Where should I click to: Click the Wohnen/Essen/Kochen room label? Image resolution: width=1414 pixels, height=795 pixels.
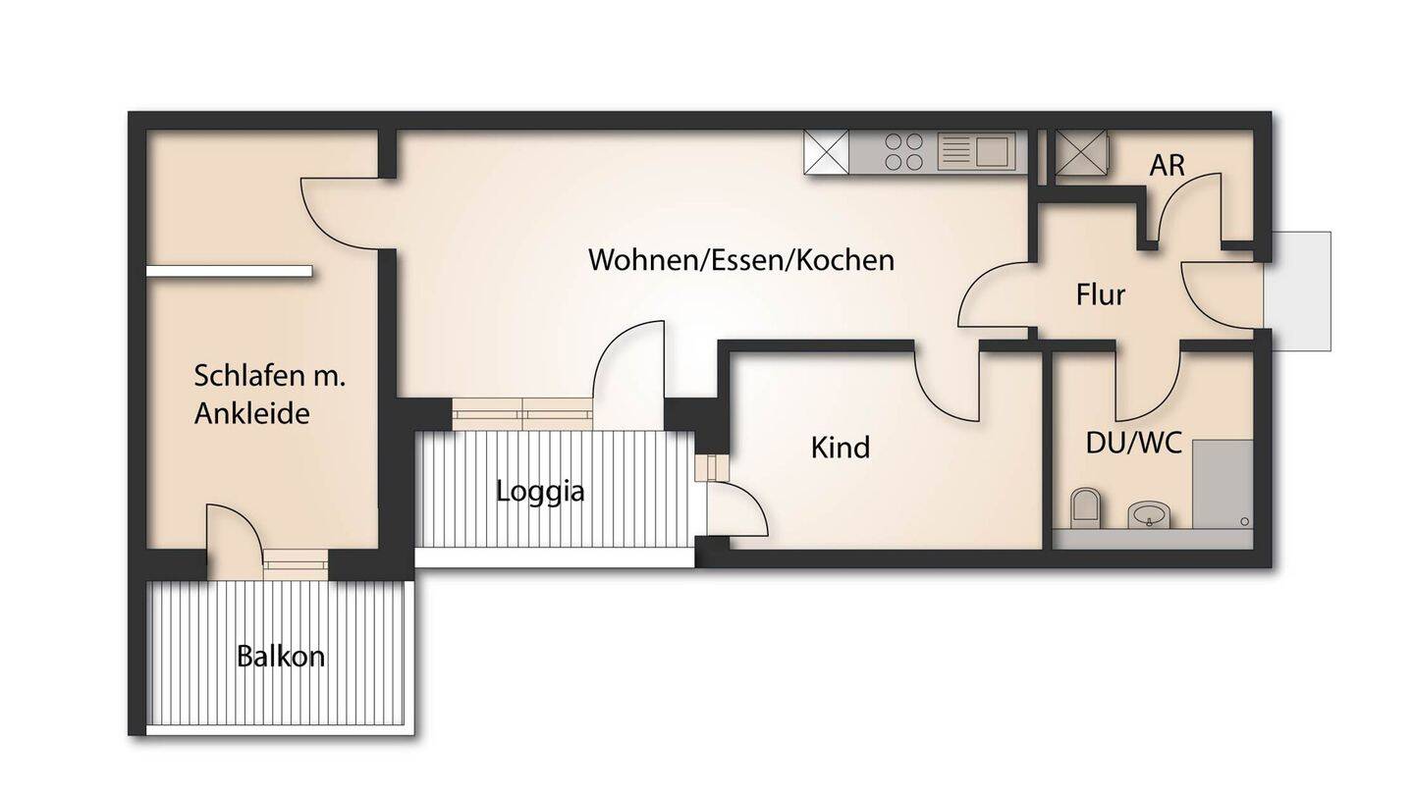click(x=741, y=260)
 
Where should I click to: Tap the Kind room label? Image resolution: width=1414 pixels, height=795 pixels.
click(x=841, y=448)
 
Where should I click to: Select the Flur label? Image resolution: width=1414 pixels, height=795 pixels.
click(x=1100, y=294)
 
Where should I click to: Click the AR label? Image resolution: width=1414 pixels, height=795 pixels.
click(x=1168, y=165)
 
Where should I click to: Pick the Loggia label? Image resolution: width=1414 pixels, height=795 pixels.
click(x=540, y=491)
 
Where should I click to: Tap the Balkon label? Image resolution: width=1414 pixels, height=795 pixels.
click(x=281, y=656)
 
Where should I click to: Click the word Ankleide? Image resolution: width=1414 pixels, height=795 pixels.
click(x=251, y=413)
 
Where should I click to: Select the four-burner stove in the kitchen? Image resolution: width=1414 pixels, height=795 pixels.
click(x=903, y=152)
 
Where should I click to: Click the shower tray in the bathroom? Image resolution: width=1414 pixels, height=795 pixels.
click(x=1223, y=483)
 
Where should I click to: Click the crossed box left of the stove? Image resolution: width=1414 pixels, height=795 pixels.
click(x=826, y=153)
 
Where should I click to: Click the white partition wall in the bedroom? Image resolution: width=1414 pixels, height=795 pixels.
click(x=230, y=271)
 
